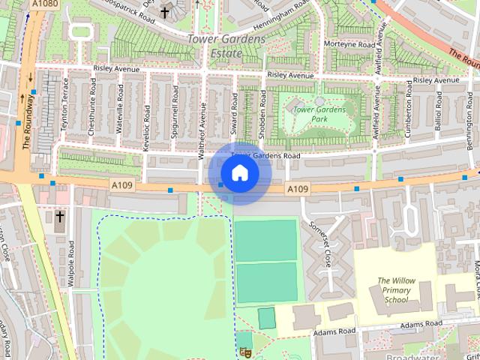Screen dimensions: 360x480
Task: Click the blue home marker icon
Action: [x=239, y=173]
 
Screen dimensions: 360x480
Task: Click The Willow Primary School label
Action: [x=396, y=290]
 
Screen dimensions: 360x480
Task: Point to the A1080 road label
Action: [x=43, y=4]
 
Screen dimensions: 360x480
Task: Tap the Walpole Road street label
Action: [x=71, y=257]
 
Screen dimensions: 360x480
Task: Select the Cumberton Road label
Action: [x=409, y=112]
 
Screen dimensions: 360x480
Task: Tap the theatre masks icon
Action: [x=244, y=352]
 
